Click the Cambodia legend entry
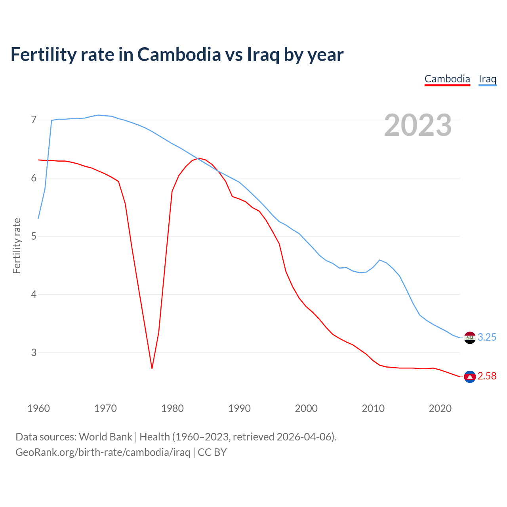click(x=447, y=79)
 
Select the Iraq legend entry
click(x=487, y=79)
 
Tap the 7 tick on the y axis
click(x=34, y=120)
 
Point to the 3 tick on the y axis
click(x=34, y=353)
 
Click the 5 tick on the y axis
click(x=34, y=236)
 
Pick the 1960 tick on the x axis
click(x=38, y=408)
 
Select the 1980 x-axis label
click(x=172, y=408)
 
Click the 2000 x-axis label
click(x=306, y=408)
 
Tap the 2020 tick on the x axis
click(x=440, y=408)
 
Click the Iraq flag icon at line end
click(x=470, y=338)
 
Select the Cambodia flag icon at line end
click(x=470, y=377)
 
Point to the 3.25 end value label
click(x=487, y=337)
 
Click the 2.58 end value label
click(x=487, y=376)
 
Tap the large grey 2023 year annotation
click(x=418, y=125)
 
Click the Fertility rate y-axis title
click(x=17, y=246)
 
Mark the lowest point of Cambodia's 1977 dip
click(x=152, y=368)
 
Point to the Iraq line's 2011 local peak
click(x=380, y=260)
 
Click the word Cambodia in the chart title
click(x=179, y=54)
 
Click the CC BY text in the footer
click(x=212, y=452)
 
